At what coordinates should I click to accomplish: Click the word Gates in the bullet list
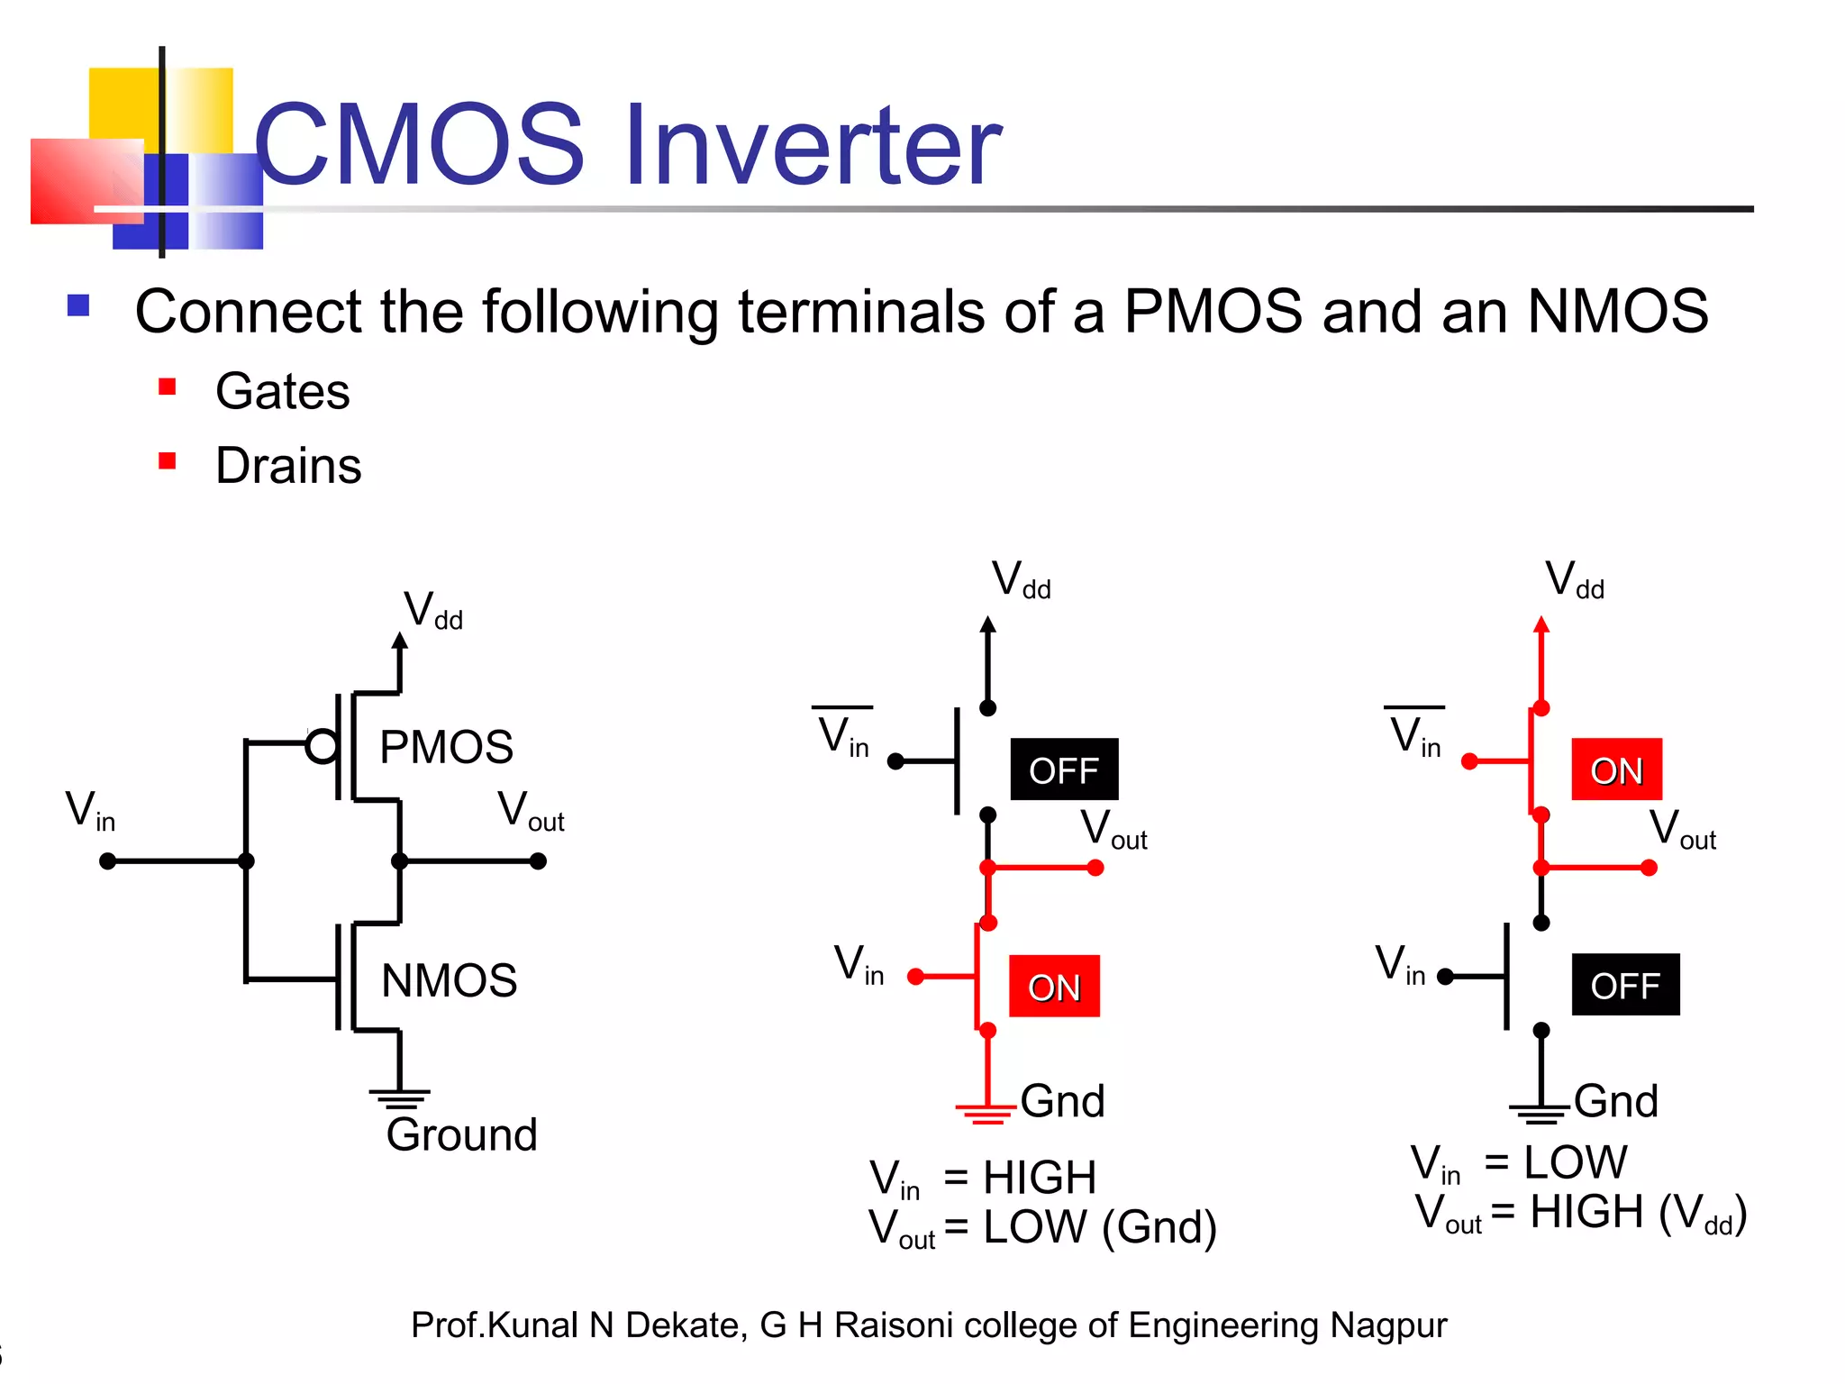(282, 392)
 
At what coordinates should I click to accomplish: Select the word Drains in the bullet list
(288, 466)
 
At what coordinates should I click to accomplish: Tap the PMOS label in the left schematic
(446, 747)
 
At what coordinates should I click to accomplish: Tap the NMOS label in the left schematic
(449, 980)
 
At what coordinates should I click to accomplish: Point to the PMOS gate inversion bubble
(322, 746)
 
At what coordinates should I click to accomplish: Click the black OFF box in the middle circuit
(1064, 769)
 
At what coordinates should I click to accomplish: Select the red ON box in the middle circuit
(1054, 987)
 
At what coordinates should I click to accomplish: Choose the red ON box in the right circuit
(1616, 769)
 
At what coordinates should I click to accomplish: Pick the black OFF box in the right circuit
(1625, 985)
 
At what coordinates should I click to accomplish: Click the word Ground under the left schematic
(461, 1134)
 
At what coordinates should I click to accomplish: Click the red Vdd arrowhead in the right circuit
(1541, 624)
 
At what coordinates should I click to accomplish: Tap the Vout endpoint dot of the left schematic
(538, 861)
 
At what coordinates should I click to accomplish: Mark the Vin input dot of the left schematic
(108, 861)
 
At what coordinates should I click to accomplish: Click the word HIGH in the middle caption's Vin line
(1040, 1178)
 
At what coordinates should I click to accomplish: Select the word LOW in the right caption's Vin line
(1576, 1162)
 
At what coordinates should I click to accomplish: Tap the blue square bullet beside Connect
(78, 306)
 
